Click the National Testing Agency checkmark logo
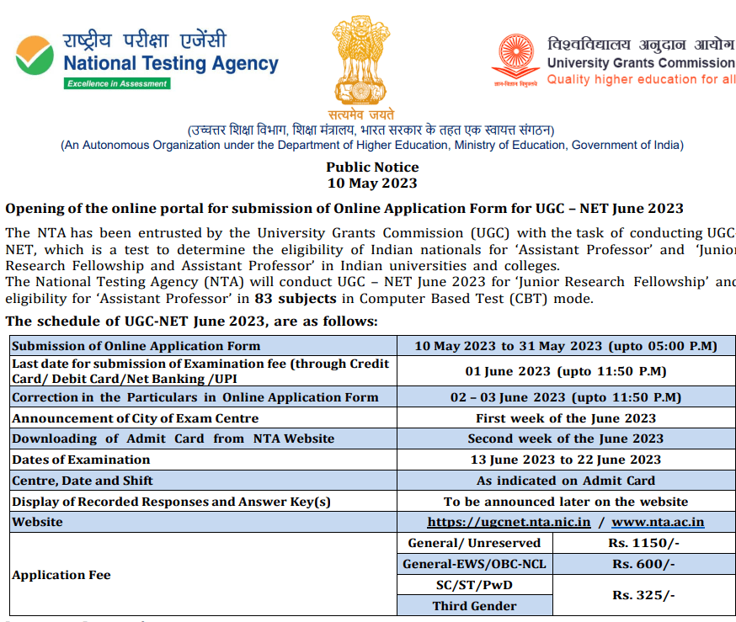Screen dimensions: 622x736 [35, 54]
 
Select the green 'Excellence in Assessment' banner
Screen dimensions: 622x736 [118, 83]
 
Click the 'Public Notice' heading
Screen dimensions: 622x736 [371, 167]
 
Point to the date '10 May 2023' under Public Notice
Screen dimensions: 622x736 [371, 183]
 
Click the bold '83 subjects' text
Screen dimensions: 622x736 [308, 298]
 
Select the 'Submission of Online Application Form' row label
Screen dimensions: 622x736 [136, 345]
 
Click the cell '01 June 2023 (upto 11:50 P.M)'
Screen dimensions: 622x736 [566, 371]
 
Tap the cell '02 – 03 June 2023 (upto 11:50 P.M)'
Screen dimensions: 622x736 [566, 397]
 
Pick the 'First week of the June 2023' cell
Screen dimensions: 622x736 [566, 417]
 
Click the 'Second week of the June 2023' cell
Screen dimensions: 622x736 [566, 439]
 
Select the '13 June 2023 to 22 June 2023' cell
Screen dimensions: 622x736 [566, 460]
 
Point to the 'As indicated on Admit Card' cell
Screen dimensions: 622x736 [566, 481]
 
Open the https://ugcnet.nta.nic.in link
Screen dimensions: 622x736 [509, 522]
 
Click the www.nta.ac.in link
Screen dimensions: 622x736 [658, 522]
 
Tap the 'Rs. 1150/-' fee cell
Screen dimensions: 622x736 [643, 543]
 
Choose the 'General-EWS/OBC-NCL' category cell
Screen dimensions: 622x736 [474, 564]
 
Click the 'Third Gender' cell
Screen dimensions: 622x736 [474, 606]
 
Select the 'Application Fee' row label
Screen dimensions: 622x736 [61, 575]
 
